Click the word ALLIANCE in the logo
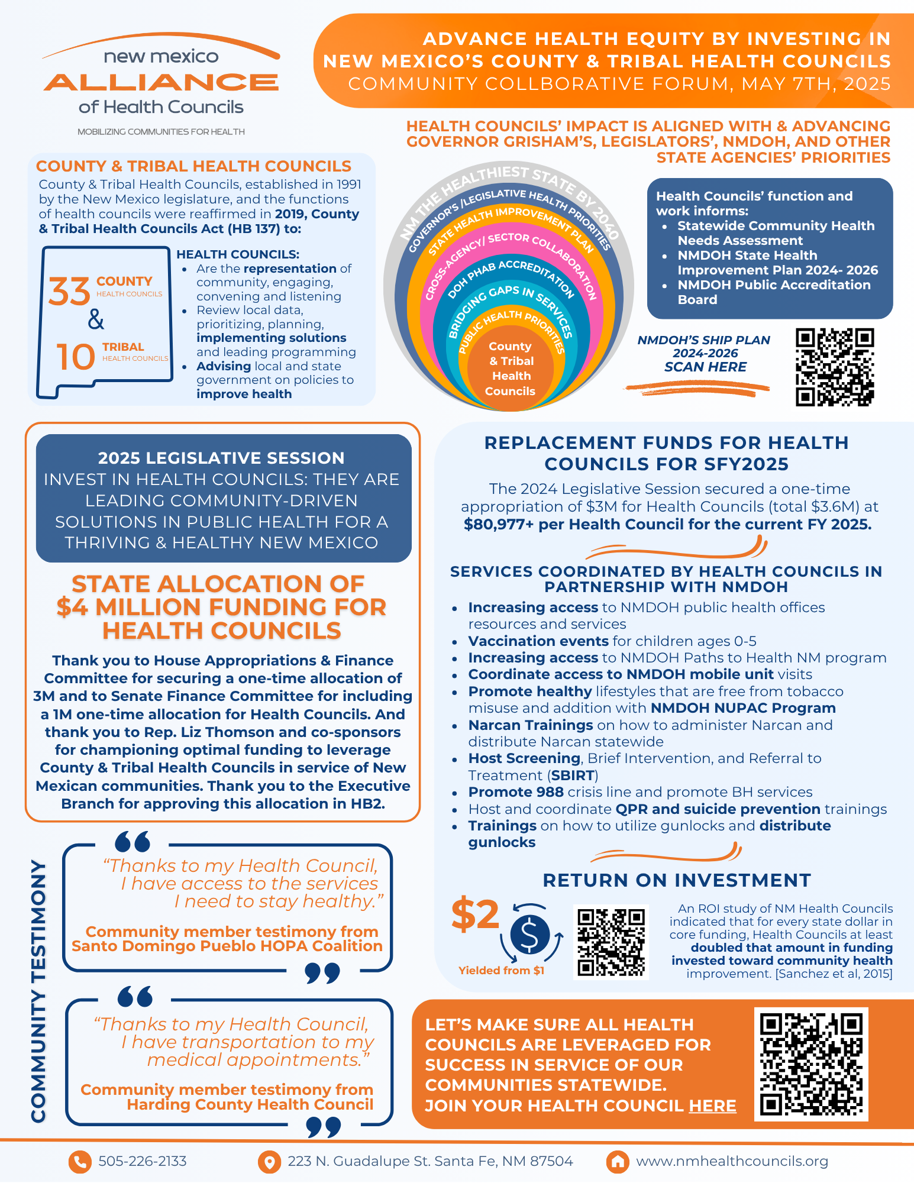point(161,82)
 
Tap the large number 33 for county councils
point(69,292)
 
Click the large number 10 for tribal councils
point(76,357)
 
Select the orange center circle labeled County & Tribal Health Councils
point(511,368)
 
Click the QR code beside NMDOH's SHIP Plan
point(834,367)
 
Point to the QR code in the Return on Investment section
point(611,942)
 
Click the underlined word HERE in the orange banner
point(712,1106)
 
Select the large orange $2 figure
point(475,914)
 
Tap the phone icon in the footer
point(80,1162)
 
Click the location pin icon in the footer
point(269,1162)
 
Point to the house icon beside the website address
point(617,1162)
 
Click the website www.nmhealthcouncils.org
point(732,1161)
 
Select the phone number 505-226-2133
point(143,1161)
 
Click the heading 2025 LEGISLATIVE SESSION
point(221,458)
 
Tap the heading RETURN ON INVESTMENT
point(677,880)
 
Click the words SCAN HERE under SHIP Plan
point(705,367)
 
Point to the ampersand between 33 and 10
point(96,320)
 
